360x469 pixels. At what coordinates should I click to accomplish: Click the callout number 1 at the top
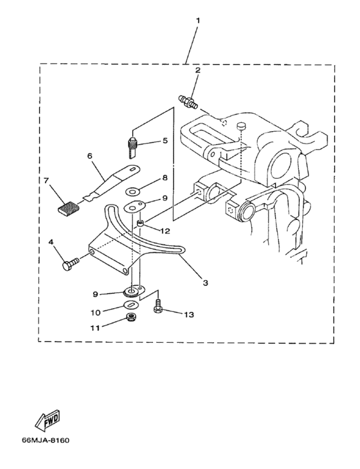[198, 20]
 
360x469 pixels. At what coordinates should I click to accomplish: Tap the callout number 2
[197, 70]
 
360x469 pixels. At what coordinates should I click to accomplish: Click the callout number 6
[90, 156]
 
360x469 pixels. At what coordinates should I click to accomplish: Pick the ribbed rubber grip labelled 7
[67, 207]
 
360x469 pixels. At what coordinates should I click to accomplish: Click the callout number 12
[165, 230]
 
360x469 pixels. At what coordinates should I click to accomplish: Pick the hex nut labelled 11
[130, 318]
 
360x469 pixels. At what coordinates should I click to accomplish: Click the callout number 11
[95, 327]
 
